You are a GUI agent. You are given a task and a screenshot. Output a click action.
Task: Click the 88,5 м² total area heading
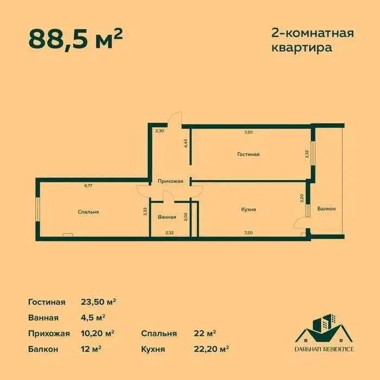click(75, 38)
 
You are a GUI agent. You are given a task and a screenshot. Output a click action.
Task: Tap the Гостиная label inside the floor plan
click(248, 154)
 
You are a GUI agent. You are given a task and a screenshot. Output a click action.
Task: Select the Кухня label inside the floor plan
click(249, 209)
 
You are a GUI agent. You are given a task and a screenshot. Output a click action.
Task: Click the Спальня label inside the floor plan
click(88, 212)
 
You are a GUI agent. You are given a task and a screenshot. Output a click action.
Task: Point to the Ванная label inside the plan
click(167, 217)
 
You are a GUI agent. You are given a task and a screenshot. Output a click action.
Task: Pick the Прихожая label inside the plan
click(170, 181)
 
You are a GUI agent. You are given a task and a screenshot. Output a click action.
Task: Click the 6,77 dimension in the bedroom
click(88, 186)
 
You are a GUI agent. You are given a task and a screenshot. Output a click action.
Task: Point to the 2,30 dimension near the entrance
click(159, 131)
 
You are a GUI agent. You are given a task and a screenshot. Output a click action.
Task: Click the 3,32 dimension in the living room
click(307, 154)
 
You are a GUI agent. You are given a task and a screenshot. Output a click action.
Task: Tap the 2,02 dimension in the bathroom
click(186, 217)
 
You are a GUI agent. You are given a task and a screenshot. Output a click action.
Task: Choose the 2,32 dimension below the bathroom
click(169, 233)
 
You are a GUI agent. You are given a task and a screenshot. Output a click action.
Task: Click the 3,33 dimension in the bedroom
click(145, 212)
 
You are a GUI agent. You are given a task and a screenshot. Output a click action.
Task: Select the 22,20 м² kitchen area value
click(211, 349)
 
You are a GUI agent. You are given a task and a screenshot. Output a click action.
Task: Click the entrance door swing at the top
click(175, 119)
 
